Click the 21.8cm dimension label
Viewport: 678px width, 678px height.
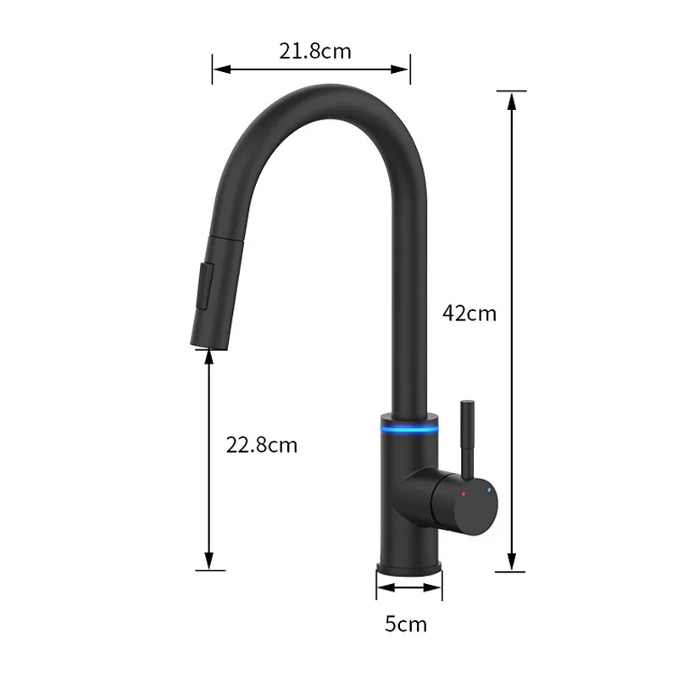(x=315, y=51)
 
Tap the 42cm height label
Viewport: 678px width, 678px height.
(x=469, y=313)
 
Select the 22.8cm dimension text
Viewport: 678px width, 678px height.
(x=261, y=444)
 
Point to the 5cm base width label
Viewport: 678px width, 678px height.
(x=406, y=625)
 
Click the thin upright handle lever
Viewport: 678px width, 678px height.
(x=465, y=436)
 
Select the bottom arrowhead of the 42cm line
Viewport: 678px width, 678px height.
(x=511, y=563)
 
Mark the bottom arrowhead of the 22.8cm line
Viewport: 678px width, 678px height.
(x=209, y=562)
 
